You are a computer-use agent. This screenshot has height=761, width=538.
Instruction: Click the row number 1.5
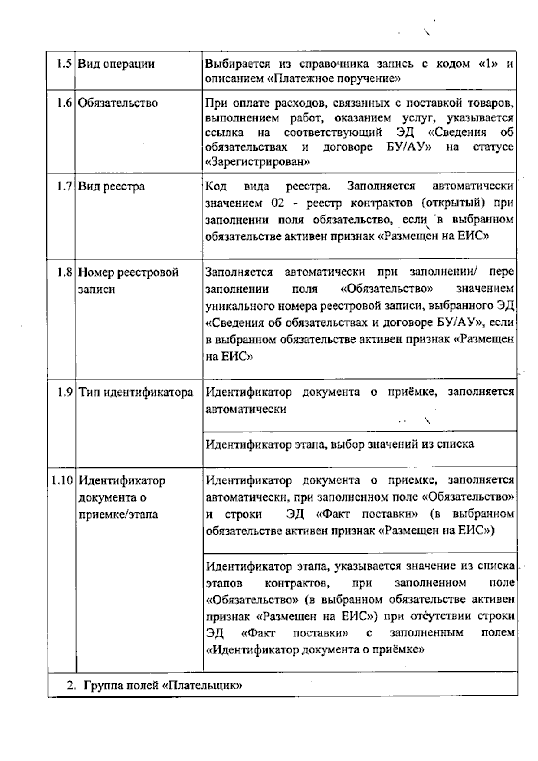coord(64,63)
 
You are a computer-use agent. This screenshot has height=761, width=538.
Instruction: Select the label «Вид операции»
coord(116,64)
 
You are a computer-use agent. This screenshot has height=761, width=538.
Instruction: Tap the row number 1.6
coord(64,103)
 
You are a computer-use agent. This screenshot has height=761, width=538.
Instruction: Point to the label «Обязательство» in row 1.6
coord(118,103)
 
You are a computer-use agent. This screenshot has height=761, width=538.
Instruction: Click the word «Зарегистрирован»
coord(257,161)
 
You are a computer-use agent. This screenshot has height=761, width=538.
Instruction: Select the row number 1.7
coord(64,186)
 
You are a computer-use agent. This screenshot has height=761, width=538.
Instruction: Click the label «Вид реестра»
coord(111,186)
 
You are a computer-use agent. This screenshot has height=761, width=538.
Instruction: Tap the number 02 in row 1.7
coord(278,203)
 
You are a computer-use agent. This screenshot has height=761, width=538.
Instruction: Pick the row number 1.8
coord(64,272)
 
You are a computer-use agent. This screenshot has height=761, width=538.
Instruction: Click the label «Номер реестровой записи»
coord(128,280)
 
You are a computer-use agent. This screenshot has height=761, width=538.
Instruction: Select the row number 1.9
coord(65,392)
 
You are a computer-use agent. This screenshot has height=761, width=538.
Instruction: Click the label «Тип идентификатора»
coord(136,393)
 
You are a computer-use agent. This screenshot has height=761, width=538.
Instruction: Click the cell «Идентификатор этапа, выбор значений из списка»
coord(339,444)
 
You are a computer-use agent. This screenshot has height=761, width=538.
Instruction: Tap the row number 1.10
coord(61,480)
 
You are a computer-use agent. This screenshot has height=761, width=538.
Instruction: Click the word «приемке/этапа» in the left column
coord(118,514)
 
